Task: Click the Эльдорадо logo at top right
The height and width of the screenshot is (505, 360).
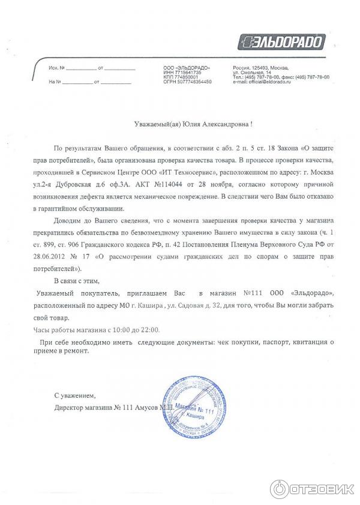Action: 281,42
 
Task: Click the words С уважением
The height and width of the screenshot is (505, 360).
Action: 74,396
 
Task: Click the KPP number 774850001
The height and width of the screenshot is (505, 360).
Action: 185,77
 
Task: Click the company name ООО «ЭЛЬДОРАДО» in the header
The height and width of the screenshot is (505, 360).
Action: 187,67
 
